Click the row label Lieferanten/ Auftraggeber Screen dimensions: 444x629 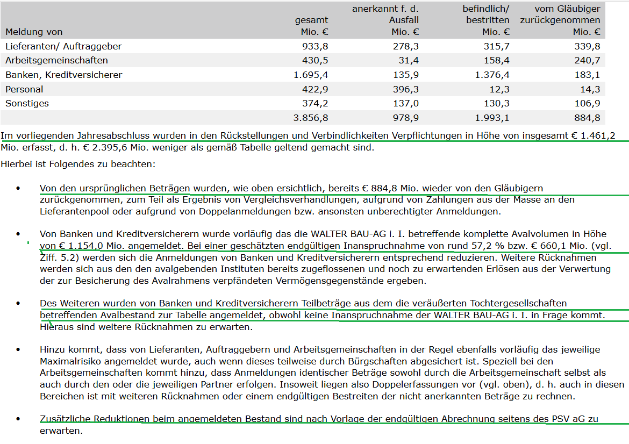point(63,46)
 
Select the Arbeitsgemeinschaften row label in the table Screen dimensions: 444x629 point(56,60)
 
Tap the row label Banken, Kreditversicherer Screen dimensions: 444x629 point(63,75)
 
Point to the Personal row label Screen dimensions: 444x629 point(24,89)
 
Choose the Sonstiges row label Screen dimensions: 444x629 point(27,103)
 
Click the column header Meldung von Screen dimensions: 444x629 point(34,32)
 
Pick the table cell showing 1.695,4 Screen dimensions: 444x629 point(311,75)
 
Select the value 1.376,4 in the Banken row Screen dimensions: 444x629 point(492,75)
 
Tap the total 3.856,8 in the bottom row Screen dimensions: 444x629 point(311,118)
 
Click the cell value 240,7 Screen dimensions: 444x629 point(588,60)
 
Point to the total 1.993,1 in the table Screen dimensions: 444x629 point(492,118)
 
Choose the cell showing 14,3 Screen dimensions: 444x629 point(590,89)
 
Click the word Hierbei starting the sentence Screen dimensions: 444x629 point(17,163)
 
